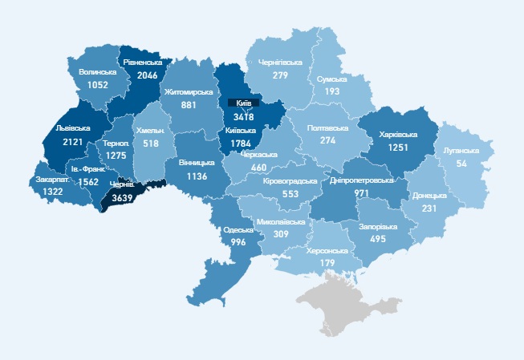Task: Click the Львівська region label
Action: point(63,127)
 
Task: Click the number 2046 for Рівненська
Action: point(147,75)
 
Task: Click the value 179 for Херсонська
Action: point(327,264)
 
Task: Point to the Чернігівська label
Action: point(280,62)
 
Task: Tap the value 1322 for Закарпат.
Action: point(53,192)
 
